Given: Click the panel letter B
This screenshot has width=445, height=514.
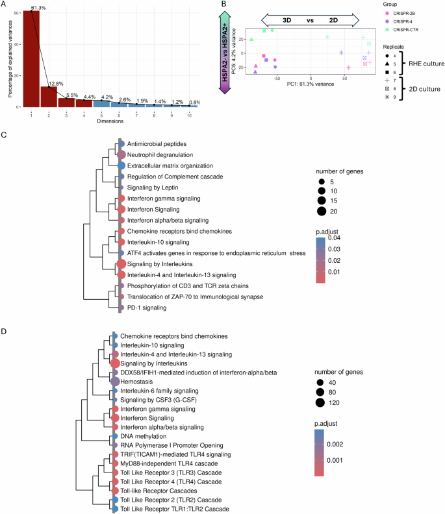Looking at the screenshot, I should pos(224,5).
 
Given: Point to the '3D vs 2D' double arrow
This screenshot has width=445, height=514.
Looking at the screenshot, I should pos(306,19).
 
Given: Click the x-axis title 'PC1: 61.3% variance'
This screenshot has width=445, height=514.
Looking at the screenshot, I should pos(304,84).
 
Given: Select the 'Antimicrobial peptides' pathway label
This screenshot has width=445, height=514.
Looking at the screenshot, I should pos(157,143).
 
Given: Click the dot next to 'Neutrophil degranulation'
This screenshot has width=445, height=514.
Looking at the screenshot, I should pos(121,155).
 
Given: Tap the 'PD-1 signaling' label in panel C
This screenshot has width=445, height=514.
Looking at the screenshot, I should pos(147,308).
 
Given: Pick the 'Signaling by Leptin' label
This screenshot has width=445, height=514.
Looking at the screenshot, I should pos(153,187).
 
